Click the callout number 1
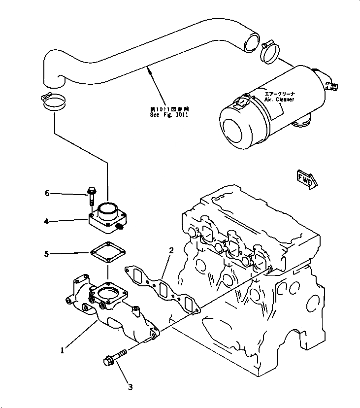62,350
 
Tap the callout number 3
130,387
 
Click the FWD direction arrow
307,179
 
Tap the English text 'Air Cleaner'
279,99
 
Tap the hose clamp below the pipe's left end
54,102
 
